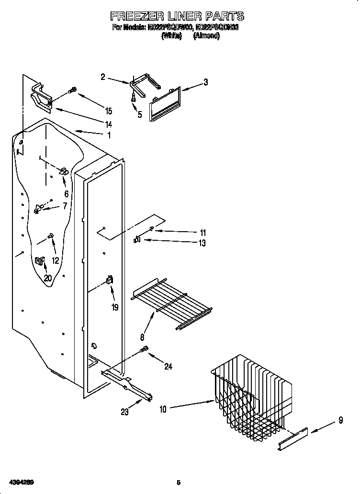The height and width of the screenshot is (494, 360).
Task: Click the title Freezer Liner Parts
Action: (x=177, y=16)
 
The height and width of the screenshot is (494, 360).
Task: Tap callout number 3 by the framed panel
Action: (x=205, y=82)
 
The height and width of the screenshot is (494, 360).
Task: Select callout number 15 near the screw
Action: (x=109, y=111)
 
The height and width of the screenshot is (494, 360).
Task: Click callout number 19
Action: (x=115, y=307)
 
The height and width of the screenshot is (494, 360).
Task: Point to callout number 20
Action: (x=48, y=278)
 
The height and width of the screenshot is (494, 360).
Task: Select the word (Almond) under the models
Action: (x=207, y=36)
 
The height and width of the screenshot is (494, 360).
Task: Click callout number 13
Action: (x=202, y=243)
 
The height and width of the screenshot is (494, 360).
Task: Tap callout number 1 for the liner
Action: (x=109, y=135)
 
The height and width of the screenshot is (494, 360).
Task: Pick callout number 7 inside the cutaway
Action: (x=65, y=206)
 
